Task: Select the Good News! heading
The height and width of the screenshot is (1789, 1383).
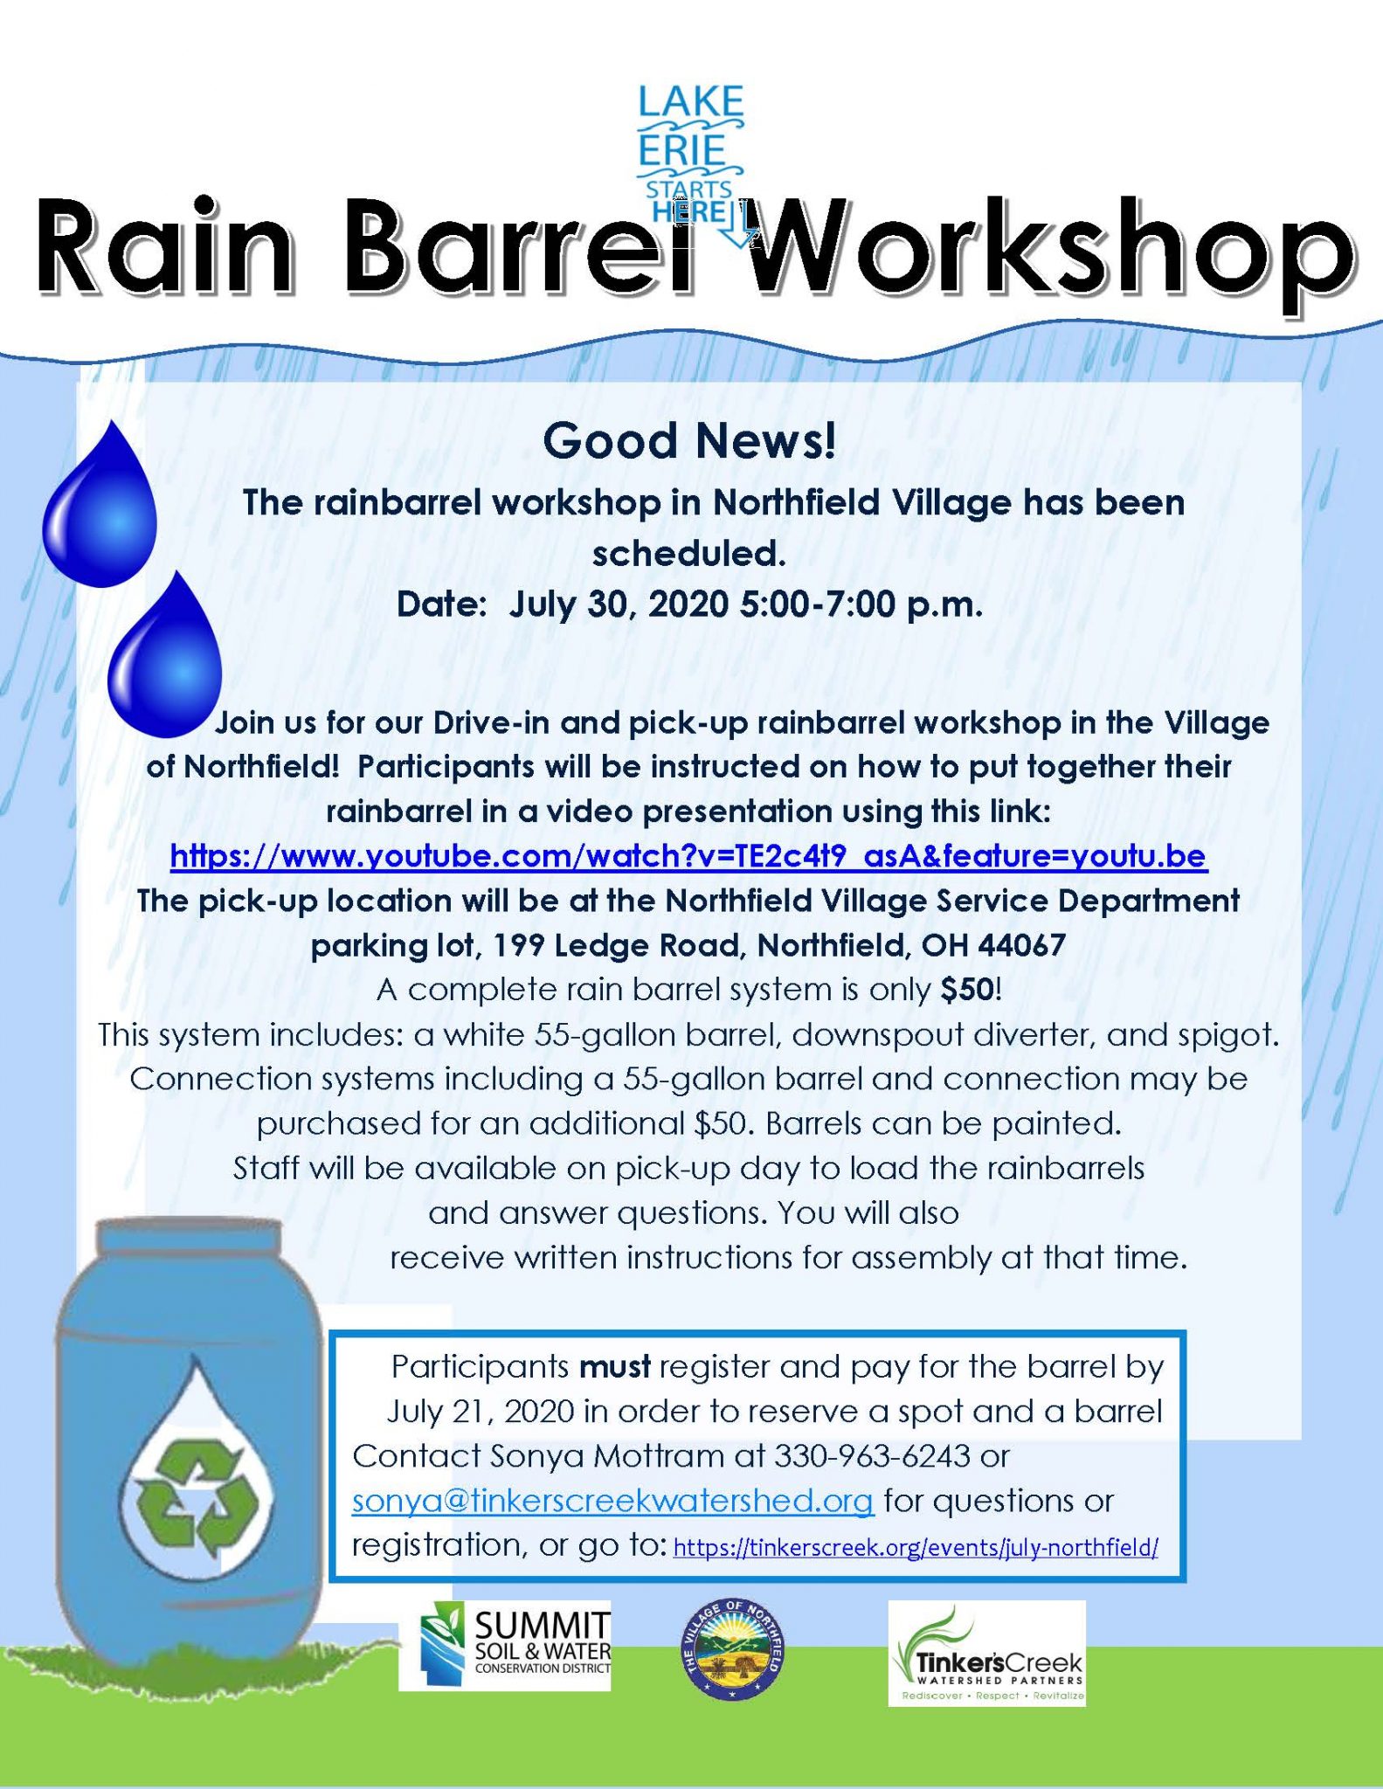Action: tap(689, 441)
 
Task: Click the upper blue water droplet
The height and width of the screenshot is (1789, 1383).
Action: tap(100, 503)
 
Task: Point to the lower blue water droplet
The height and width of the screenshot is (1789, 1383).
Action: tap(165, 654)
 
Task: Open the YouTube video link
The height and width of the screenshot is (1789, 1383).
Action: tap(688, 856)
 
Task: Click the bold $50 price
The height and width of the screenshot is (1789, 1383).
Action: tap(967, 990)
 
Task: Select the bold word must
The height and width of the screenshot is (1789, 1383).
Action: tap(615, 1366)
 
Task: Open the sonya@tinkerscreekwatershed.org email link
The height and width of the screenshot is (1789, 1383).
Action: tap(612, 1501)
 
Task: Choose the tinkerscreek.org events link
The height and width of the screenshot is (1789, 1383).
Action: tap(916, 1548)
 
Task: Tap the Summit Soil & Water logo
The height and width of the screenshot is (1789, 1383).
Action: tap(505, 1645)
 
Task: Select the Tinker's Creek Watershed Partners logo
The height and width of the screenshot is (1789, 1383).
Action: tap(987, 1653)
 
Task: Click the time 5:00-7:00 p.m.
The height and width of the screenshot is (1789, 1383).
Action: tap(861, 604)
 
